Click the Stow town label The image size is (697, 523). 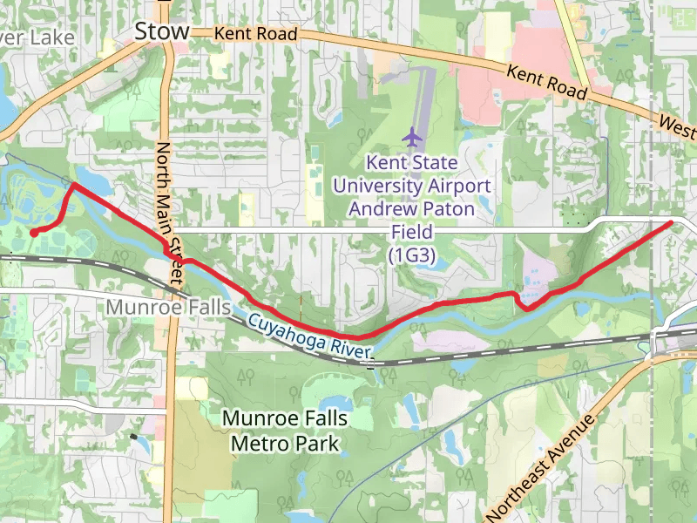pyautogui.click(x=161, y=32)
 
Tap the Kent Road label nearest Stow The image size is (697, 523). pyautogui.click(x=256, y=34)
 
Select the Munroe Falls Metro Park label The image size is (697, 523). pyautogui.click(x=285, y=431)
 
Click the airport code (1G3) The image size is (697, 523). pyautogui.click(x=412, y=255)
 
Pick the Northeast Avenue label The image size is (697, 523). pyautogui.click(x=540, y=467)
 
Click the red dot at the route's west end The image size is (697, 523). pyautogui.click(x=34, y=233)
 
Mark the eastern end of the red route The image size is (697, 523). pyautogui.click(x=670, y=223)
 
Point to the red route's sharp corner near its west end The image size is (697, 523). pyautogui.click(x=73, y=185)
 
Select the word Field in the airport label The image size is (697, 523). pyautogui.click(x=412, y=232)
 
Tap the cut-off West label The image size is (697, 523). pyautogui.click(x=678, y=128)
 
